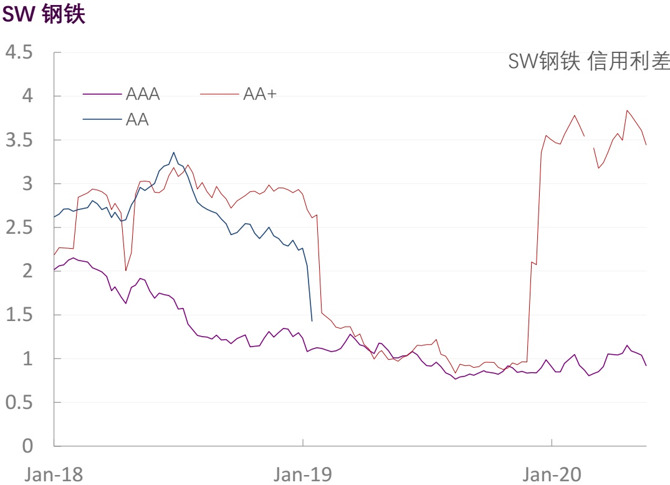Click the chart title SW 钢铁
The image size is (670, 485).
pos(44,15)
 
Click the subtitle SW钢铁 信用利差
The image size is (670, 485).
pos(588,62)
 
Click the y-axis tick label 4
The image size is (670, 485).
pos(27,96)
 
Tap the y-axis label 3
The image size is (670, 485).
pos(27,184)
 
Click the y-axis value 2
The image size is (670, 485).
pos(27,271)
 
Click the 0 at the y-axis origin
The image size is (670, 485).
pos(27,446)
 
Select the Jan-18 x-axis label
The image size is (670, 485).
pos(54,474)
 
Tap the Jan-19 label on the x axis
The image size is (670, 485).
pos(303,474)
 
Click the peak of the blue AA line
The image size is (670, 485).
pos(174,152)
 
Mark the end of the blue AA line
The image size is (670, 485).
pos(312,320)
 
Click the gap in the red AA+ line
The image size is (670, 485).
pos(588,142)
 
